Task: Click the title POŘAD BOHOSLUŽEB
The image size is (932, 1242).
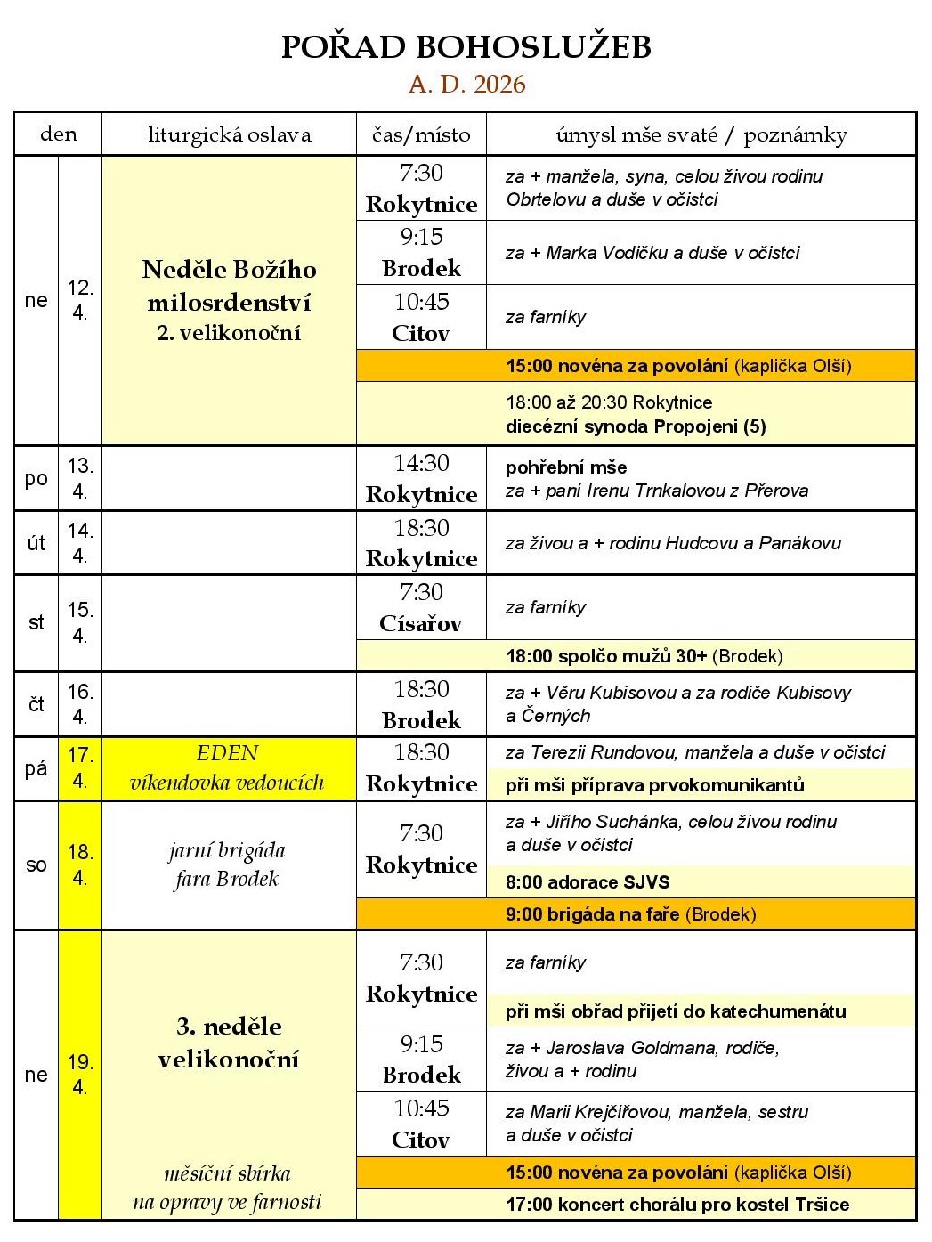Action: pos(466,47)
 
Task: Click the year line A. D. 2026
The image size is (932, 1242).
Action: pos(466,85)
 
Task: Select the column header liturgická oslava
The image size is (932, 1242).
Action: pos(229,134)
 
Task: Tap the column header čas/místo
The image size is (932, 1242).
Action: pos(421,134)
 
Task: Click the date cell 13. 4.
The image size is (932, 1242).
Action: pos(80,478)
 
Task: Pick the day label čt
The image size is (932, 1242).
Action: pos(36,704)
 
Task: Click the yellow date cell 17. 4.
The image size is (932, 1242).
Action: pos(80,768)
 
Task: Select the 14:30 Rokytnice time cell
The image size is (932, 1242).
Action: pos(421,478)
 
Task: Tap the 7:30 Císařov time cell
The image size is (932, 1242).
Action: pos(421,607)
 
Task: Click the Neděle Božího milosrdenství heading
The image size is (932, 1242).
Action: pos(229,285)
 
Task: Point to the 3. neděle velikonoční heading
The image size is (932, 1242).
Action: pos(229,1043)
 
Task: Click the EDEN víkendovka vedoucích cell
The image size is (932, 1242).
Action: pos(228,768)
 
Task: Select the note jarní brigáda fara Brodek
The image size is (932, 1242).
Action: pos(227,865)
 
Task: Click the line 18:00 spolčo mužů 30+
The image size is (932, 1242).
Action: pos(644,656)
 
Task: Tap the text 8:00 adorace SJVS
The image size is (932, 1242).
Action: pos(588,882)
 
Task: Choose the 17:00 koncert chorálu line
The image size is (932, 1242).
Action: pos(677,1205)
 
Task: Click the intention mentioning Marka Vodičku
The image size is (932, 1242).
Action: pos(652,253)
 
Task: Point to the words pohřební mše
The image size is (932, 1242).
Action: pos(566,467)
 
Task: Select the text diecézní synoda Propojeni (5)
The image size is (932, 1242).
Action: pos(636,426)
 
